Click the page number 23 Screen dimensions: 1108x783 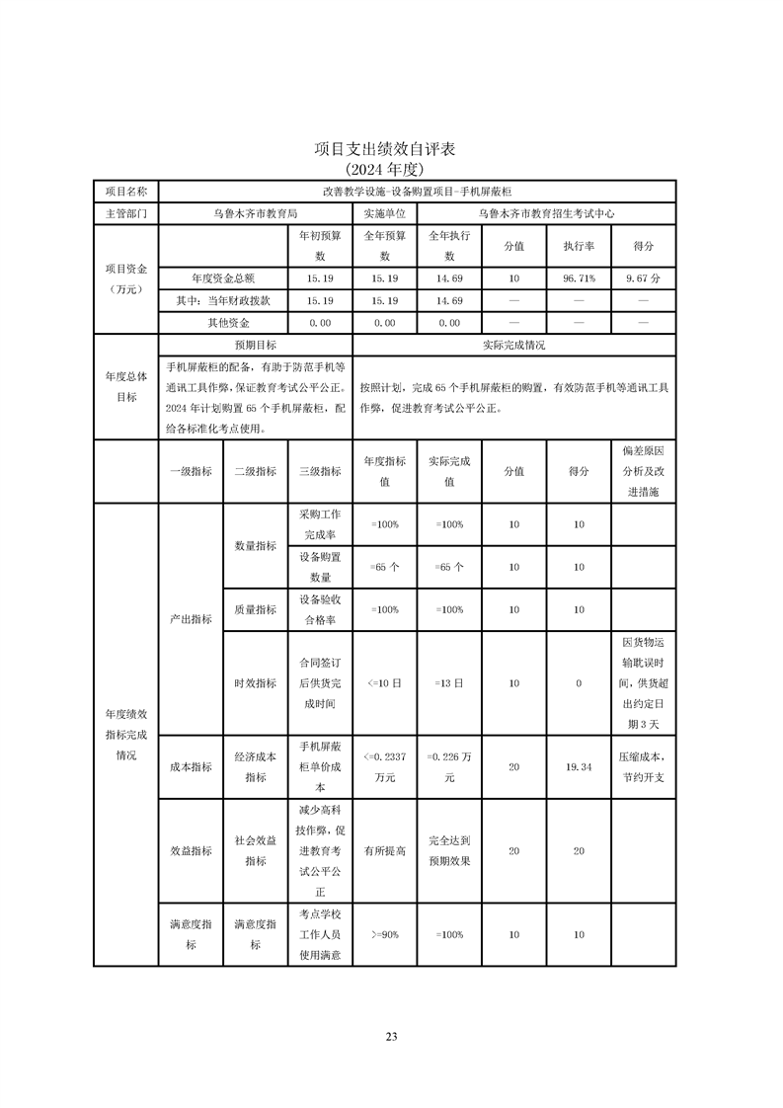coord(391,1036)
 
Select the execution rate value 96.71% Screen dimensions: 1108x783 coord(578,278)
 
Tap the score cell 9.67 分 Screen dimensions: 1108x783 coord(643,278)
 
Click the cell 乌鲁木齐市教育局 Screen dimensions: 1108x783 coord(255,212)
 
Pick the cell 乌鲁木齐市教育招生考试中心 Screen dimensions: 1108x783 coord(546,212)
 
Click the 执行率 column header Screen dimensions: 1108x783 coord(578,246)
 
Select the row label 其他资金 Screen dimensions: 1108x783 coord(227,323)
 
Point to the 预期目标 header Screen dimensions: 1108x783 coord(255,346)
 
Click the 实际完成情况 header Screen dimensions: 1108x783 coord(513,346)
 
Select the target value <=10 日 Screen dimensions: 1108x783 coord(384,683)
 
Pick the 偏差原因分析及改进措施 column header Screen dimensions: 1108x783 coord(643,471)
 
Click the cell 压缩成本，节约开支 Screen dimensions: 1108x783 coord(643,766)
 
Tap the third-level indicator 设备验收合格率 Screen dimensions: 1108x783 coord(320,609)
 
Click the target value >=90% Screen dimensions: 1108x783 coord(384,933)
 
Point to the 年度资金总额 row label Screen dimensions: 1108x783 coord(223,278)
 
